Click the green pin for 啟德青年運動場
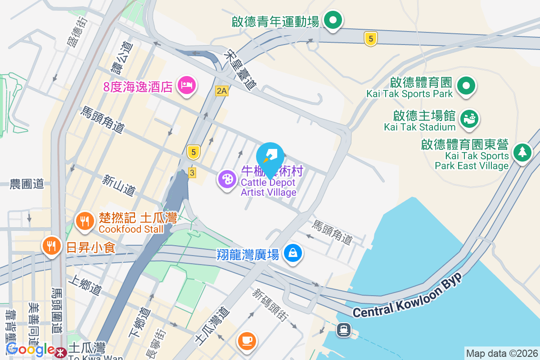click(333, 20)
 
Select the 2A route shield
click(222, 91)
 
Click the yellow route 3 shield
click(192, 172)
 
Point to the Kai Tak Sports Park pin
click(467, 85)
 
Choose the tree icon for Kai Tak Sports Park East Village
click(522, 152)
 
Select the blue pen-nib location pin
click(270, 157)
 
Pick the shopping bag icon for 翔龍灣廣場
click(293, 253)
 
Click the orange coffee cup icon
click(246, 340)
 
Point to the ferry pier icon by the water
click(344, 330)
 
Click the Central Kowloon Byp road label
click(408, 297)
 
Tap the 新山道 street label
click(118, 185)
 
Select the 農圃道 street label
click(27, 184)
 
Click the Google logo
click(30, 349)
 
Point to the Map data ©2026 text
click(501, 353)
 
